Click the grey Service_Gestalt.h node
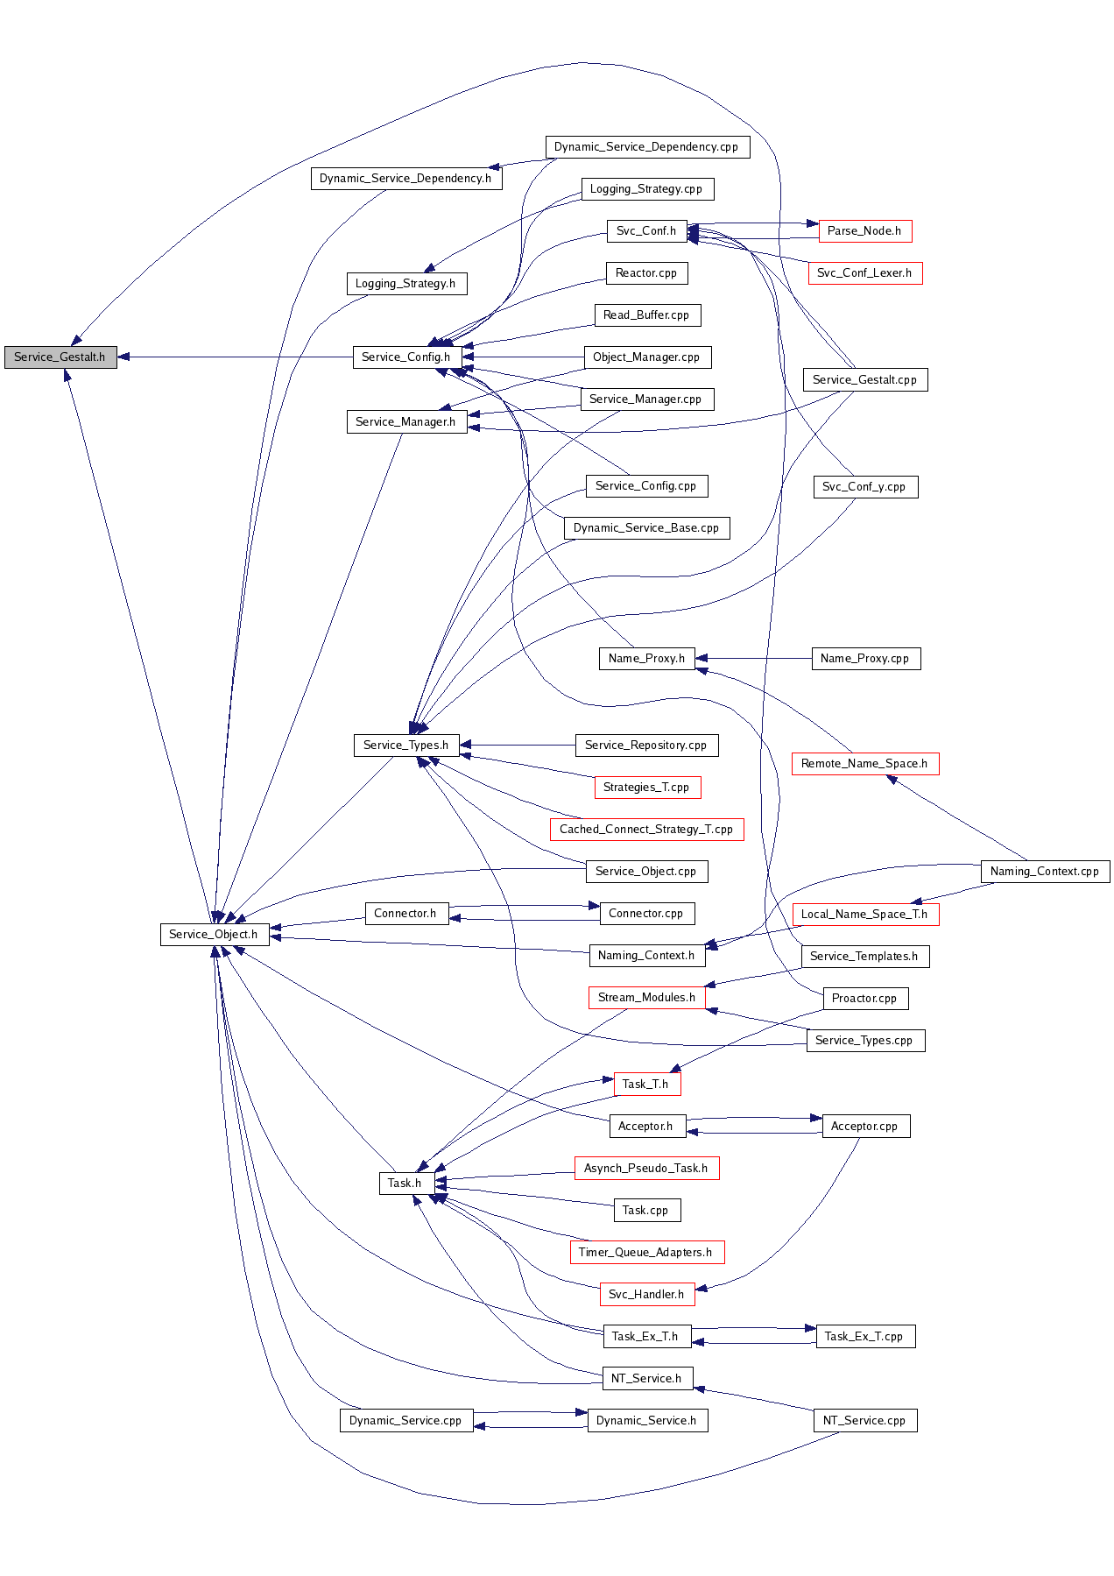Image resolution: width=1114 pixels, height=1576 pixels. click(60, 357)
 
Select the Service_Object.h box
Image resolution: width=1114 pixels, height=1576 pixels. click(213, 935)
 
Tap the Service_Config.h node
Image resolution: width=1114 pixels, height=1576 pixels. click(405, 357)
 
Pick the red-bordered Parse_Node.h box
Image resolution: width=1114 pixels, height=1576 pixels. click(864, 231)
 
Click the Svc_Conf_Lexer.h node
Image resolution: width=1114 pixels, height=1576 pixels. click(864, 273)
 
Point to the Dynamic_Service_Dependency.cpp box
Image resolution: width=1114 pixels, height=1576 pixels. click(646, 147)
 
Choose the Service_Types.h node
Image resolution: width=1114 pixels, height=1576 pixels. click(405, 746)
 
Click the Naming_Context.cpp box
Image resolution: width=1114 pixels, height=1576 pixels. click(1044, 872)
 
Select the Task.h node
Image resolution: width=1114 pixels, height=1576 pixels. click(405, 1184)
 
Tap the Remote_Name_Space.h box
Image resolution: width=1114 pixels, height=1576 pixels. click(864, 764)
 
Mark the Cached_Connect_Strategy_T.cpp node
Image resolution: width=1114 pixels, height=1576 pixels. click(646, 830)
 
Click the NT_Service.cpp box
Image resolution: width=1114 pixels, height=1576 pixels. click(864, 1421)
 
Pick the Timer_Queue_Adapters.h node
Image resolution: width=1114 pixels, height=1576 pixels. click(646, 1253)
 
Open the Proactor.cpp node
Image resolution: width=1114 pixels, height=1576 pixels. click(864, 999)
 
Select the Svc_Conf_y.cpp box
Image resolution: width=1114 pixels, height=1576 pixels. click(864, 487)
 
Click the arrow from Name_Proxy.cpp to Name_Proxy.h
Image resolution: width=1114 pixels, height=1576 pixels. click(753, 659)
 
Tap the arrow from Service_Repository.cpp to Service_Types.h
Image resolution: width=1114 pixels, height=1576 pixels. click(517, 746)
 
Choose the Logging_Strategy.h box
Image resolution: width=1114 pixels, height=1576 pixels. click(405, 284)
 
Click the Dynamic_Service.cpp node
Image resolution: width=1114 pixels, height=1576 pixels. click(405, 1421)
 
